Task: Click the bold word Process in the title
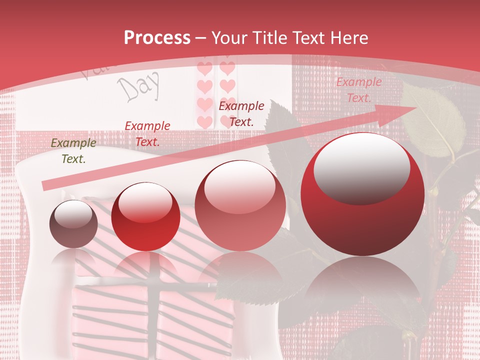click(157, 38)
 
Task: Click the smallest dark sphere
click(73, 224)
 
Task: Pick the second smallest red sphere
click(145, 216)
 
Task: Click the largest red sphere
click(362, 194)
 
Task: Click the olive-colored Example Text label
click(73, 151)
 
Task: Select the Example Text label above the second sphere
click(147, 134)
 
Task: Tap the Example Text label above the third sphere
click(241, 113)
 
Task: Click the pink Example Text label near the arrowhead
click(358, 90)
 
